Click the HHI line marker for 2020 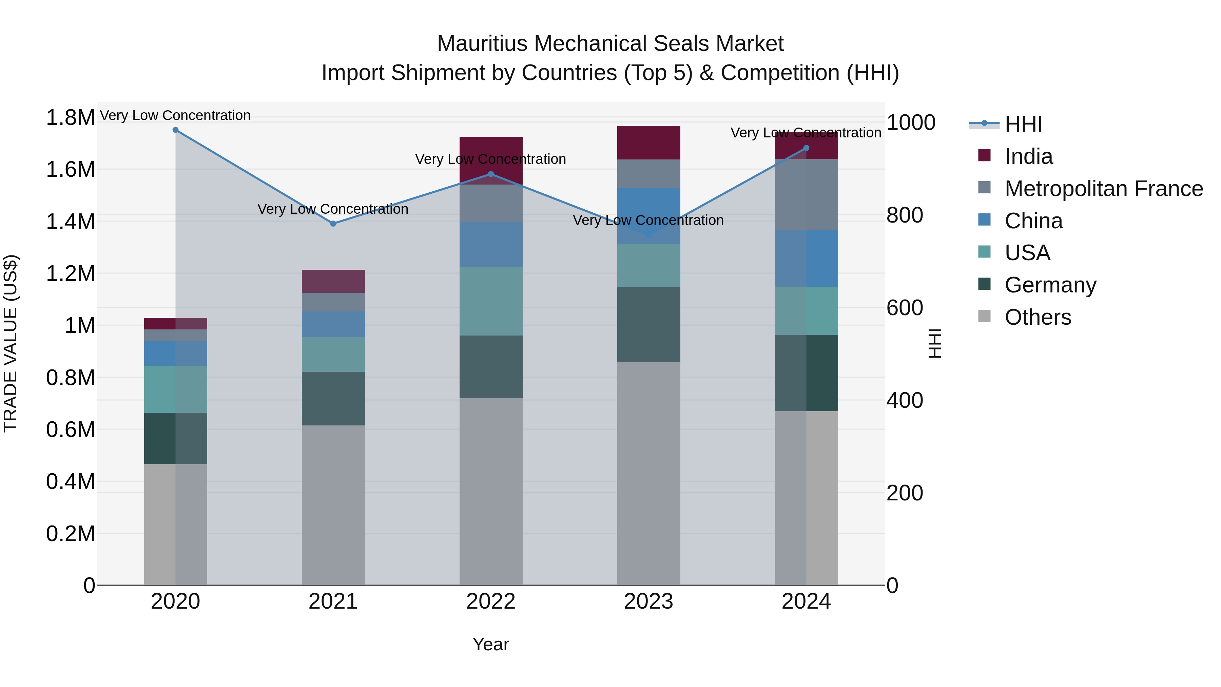[175, 130]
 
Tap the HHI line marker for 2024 [806, 148]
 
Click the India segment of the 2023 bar [648, 143]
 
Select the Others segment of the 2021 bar [333, 505]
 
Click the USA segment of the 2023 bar [648, 266]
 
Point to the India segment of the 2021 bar [333, 281]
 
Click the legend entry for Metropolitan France [1103, 189]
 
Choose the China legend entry [1033, 221]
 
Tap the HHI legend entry [1023, 124]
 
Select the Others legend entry [1038, 317]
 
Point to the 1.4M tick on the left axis [70, 222]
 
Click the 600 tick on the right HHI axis [904, 308]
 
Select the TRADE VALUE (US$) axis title [11, 343]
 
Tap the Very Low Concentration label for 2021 [333, 209]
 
